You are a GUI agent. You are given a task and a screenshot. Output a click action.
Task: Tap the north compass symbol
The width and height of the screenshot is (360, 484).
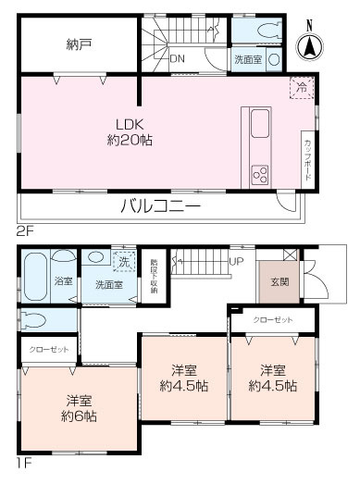click(x=310, y=43)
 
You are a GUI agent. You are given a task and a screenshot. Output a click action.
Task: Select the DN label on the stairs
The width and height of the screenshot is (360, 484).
click(x=177, y=58)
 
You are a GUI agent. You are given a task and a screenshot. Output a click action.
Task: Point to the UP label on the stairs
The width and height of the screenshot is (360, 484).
click(x=236, y=261)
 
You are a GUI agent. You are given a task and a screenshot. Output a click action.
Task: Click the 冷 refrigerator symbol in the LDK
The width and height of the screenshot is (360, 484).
click(x=301, y=86)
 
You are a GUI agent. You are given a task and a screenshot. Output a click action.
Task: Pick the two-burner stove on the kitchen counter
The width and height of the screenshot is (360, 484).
click(x=258, y=173)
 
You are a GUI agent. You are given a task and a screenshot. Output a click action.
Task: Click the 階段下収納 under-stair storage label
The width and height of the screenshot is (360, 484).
click(x=154, y=275)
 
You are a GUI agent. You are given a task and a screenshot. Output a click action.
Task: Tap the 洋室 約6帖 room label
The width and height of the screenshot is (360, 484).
click(x=79, y=408)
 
